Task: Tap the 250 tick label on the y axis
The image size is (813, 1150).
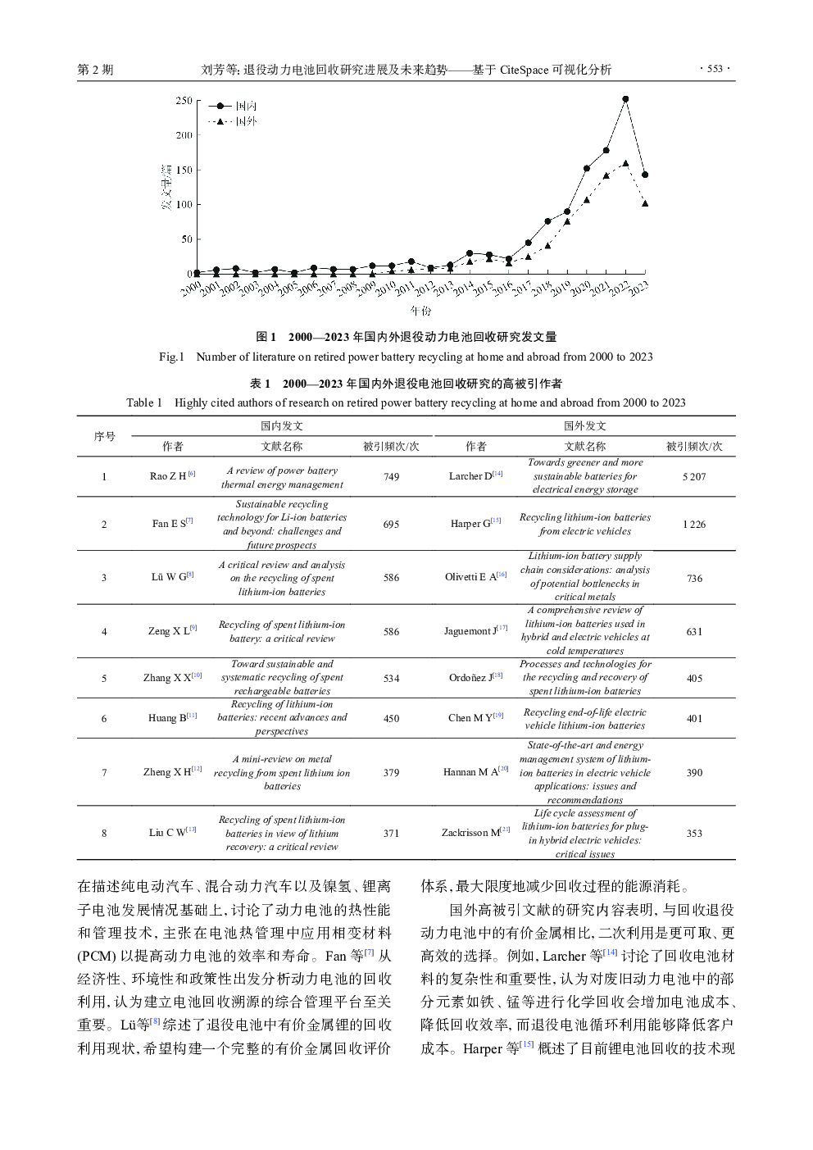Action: click(x=184, y=101)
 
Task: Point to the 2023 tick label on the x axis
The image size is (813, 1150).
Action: click(x=638, y=287)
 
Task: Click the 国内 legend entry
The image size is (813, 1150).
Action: click(x=246, y=106)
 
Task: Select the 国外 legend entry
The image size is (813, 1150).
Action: click(x=246, y=121)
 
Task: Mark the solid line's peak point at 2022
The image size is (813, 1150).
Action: click(x=625, y=98)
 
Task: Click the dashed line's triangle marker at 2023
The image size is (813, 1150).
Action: click(x=645, y=203)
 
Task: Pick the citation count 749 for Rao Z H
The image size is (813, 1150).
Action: click(x=391, y=476)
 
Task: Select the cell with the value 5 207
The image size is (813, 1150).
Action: click(x=694, y=476)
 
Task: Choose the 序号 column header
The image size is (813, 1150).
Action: click(x=104, y=436)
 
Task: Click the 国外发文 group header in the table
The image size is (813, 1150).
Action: click(x=584, y=425)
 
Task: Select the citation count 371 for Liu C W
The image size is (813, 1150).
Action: click(x=391, y=833)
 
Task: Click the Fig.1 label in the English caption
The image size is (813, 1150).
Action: click(x=172, y=357)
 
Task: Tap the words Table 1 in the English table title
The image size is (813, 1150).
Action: click(x=144, y=402)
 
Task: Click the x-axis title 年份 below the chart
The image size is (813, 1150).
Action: click(x=420, y=311)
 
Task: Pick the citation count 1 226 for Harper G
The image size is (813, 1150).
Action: click(x=694, y=524)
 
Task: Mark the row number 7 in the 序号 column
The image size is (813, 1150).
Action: click(x=104, y=772)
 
